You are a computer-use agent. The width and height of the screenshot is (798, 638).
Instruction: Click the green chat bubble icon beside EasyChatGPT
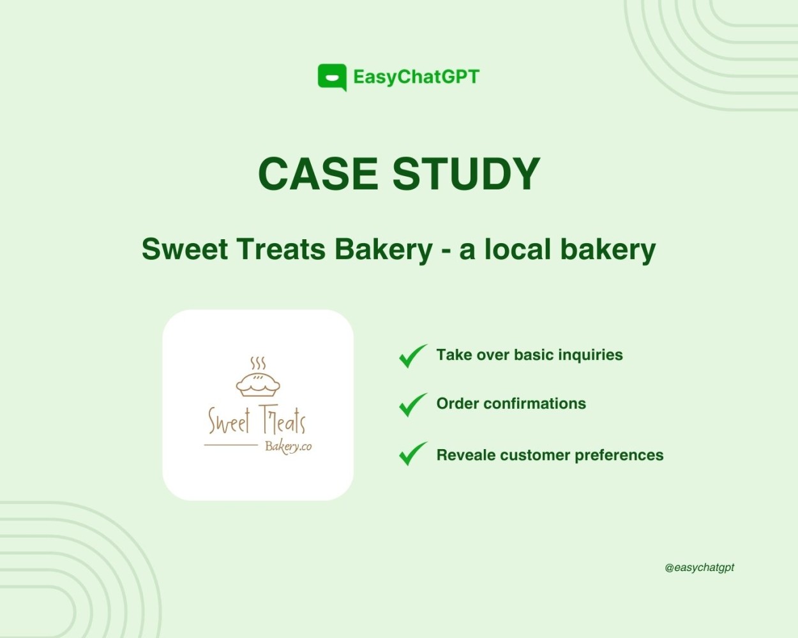click(x=332, y=77)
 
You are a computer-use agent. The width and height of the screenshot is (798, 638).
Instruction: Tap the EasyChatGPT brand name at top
click(x=416, y=77)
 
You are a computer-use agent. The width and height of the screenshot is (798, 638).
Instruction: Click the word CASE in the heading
click(x=318, y=174)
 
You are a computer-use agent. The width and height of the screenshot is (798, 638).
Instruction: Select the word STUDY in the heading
click(x=466, y=174)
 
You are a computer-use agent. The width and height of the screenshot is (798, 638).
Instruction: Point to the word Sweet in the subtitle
click(x=184, y=249)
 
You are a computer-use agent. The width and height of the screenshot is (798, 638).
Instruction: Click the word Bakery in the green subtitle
click(x=384, y=249)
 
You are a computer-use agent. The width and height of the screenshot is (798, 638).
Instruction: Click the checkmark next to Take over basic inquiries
click(x=412, y=356)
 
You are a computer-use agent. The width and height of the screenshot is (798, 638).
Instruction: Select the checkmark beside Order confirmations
click(x=412, y=405)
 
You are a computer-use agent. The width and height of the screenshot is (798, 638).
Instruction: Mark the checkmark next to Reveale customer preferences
click(x=412, y=454)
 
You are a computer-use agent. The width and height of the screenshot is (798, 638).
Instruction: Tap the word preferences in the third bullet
click(x=619, y=456)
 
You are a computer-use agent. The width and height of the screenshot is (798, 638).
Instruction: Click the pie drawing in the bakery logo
click(x=258, y=385)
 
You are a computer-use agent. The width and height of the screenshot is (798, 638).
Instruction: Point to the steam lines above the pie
click(x=258, y=363)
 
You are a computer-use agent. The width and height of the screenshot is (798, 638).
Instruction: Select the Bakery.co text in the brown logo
click(x=288, y=447)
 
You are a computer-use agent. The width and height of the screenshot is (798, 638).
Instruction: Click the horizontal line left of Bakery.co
click(x=231, y=445)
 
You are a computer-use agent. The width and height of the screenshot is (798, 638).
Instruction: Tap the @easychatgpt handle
click(x=699, y=568)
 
